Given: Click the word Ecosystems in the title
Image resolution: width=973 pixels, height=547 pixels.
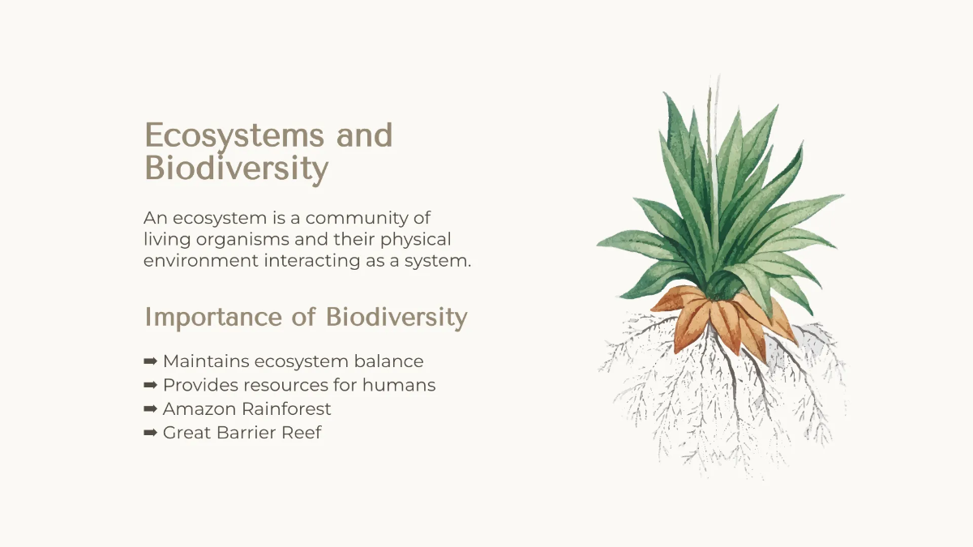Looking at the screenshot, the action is coord(234,135).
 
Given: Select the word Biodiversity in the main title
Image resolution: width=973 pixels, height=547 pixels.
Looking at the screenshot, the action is coord(236,169).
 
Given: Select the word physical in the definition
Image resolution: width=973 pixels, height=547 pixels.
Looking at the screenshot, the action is coord(416,240).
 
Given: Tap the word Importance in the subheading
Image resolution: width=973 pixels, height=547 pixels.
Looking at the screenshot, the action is coord(213,318).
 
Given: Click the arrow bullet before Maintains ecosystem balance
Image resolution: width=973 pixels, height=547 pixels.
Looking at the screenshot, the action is coord(150,361).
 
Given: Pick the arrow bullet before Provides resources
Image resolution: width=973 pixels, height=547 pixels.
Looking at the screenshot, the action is coord(150,385).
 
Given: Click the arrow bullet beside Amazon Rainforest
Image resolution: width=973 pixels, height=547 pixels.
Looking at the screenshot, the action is coord(150,409).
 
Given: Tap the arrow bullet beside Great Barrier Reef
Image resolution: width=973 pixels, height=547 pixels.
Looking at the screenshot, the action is coord(150,433).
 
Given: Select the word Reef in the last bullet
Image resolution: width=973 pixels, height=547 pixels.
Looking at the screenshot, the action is coord(302,433).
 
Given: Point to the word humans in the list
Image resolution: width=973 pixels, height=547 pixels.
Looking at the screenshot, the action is coord(399,385).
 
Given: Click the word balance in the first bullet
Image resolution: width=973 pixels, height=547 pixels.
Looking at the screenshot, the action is coord(388,361).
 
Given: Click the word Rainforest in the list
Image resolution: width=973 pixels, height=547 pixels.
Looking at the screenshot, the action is coord(286,409).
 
